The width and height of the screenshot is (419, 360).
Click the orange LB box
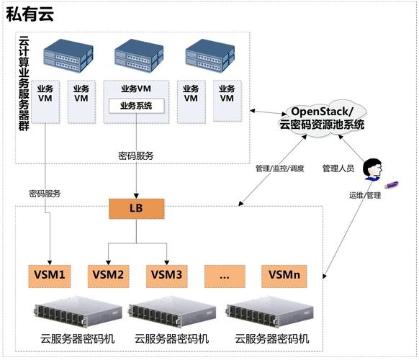137,209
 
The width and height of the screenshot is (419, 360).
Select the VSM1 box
49,274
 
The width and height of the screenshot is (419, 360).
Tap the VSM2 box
108,274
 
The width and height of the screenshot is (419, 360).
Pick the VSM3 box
167,274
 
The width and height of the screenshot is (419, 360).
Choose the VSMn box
284,274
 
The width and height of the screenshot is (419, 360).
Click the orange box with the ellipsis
225,274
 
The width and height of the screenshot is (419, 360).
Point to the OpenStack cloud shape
321,118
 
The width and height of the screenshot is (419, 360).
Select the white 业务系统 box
137,107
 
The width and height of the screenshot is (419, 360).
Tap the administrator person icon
371,168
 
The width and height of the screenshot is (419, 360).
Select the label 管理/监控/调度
276,168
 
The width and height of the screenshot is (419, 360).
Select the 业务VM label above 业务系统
137,89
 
